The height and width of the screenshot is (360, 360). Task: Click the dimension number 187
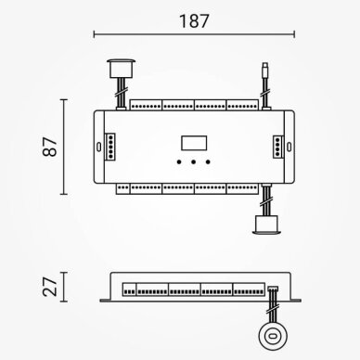[x=194, y=21]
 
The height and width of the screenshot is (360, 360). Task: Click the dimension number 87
[x=50, y=147]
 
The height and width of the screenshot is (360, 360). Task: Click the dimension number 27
[x=50, y=287]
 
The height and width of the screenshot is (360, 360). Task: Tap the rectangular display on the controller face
[x=194, y=143]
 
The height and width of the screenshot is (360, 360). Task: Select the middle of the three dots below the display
[x=193, y=161]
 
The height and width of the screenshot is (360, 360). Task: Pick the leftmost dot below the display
[x=179, y=161]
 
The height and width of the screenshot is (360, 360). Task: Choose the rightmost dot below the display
[x=208, y=161]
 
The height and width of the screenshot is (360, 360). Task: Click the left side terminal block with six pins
[x=110, y=147]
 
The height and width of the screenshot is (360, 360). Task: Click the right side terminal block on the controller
[x=278, y=147]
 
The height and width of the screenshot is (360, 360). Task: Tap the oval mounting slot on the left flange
[x=99, y=147]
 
